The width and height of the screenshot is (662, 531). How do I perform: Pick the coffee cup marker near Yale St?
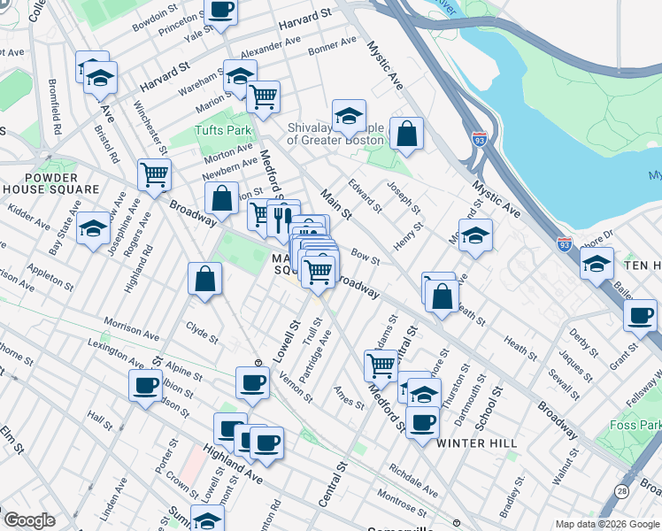point(220,10)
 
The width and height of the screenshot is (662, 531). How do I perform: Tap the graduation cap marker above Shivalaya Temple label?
point(349,113)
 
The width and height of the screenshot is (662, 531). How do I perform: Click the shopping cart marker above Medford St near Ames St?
point(381,364)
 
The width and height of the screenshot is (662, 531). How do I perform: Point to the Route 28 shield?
point(623,490)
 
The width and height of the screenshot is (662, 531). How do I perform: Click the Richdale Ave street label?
point(412,480)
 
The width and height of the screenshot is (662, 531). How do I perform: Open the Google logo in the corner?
point(29,520)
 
